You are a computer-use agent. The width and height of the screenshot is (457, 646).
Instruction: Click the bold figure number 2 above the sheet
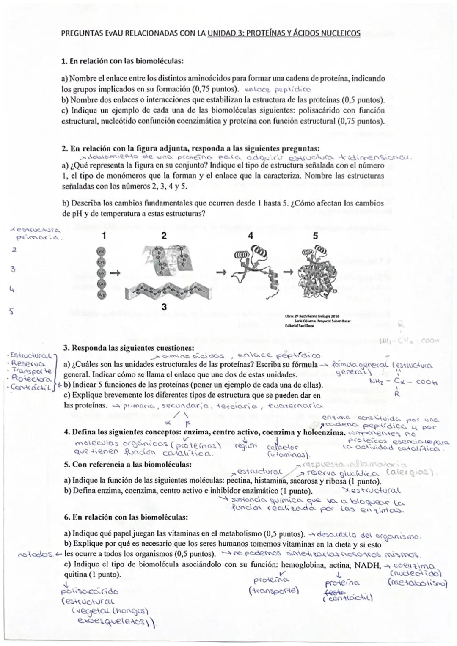(x=164, y=236)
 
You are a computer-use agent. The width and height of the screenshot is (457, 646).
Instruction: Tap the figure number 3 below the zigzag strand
(x=164, y=308)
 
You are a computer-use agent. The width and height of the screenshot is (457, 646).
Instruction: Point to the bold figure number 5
(x=315, y=236)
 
